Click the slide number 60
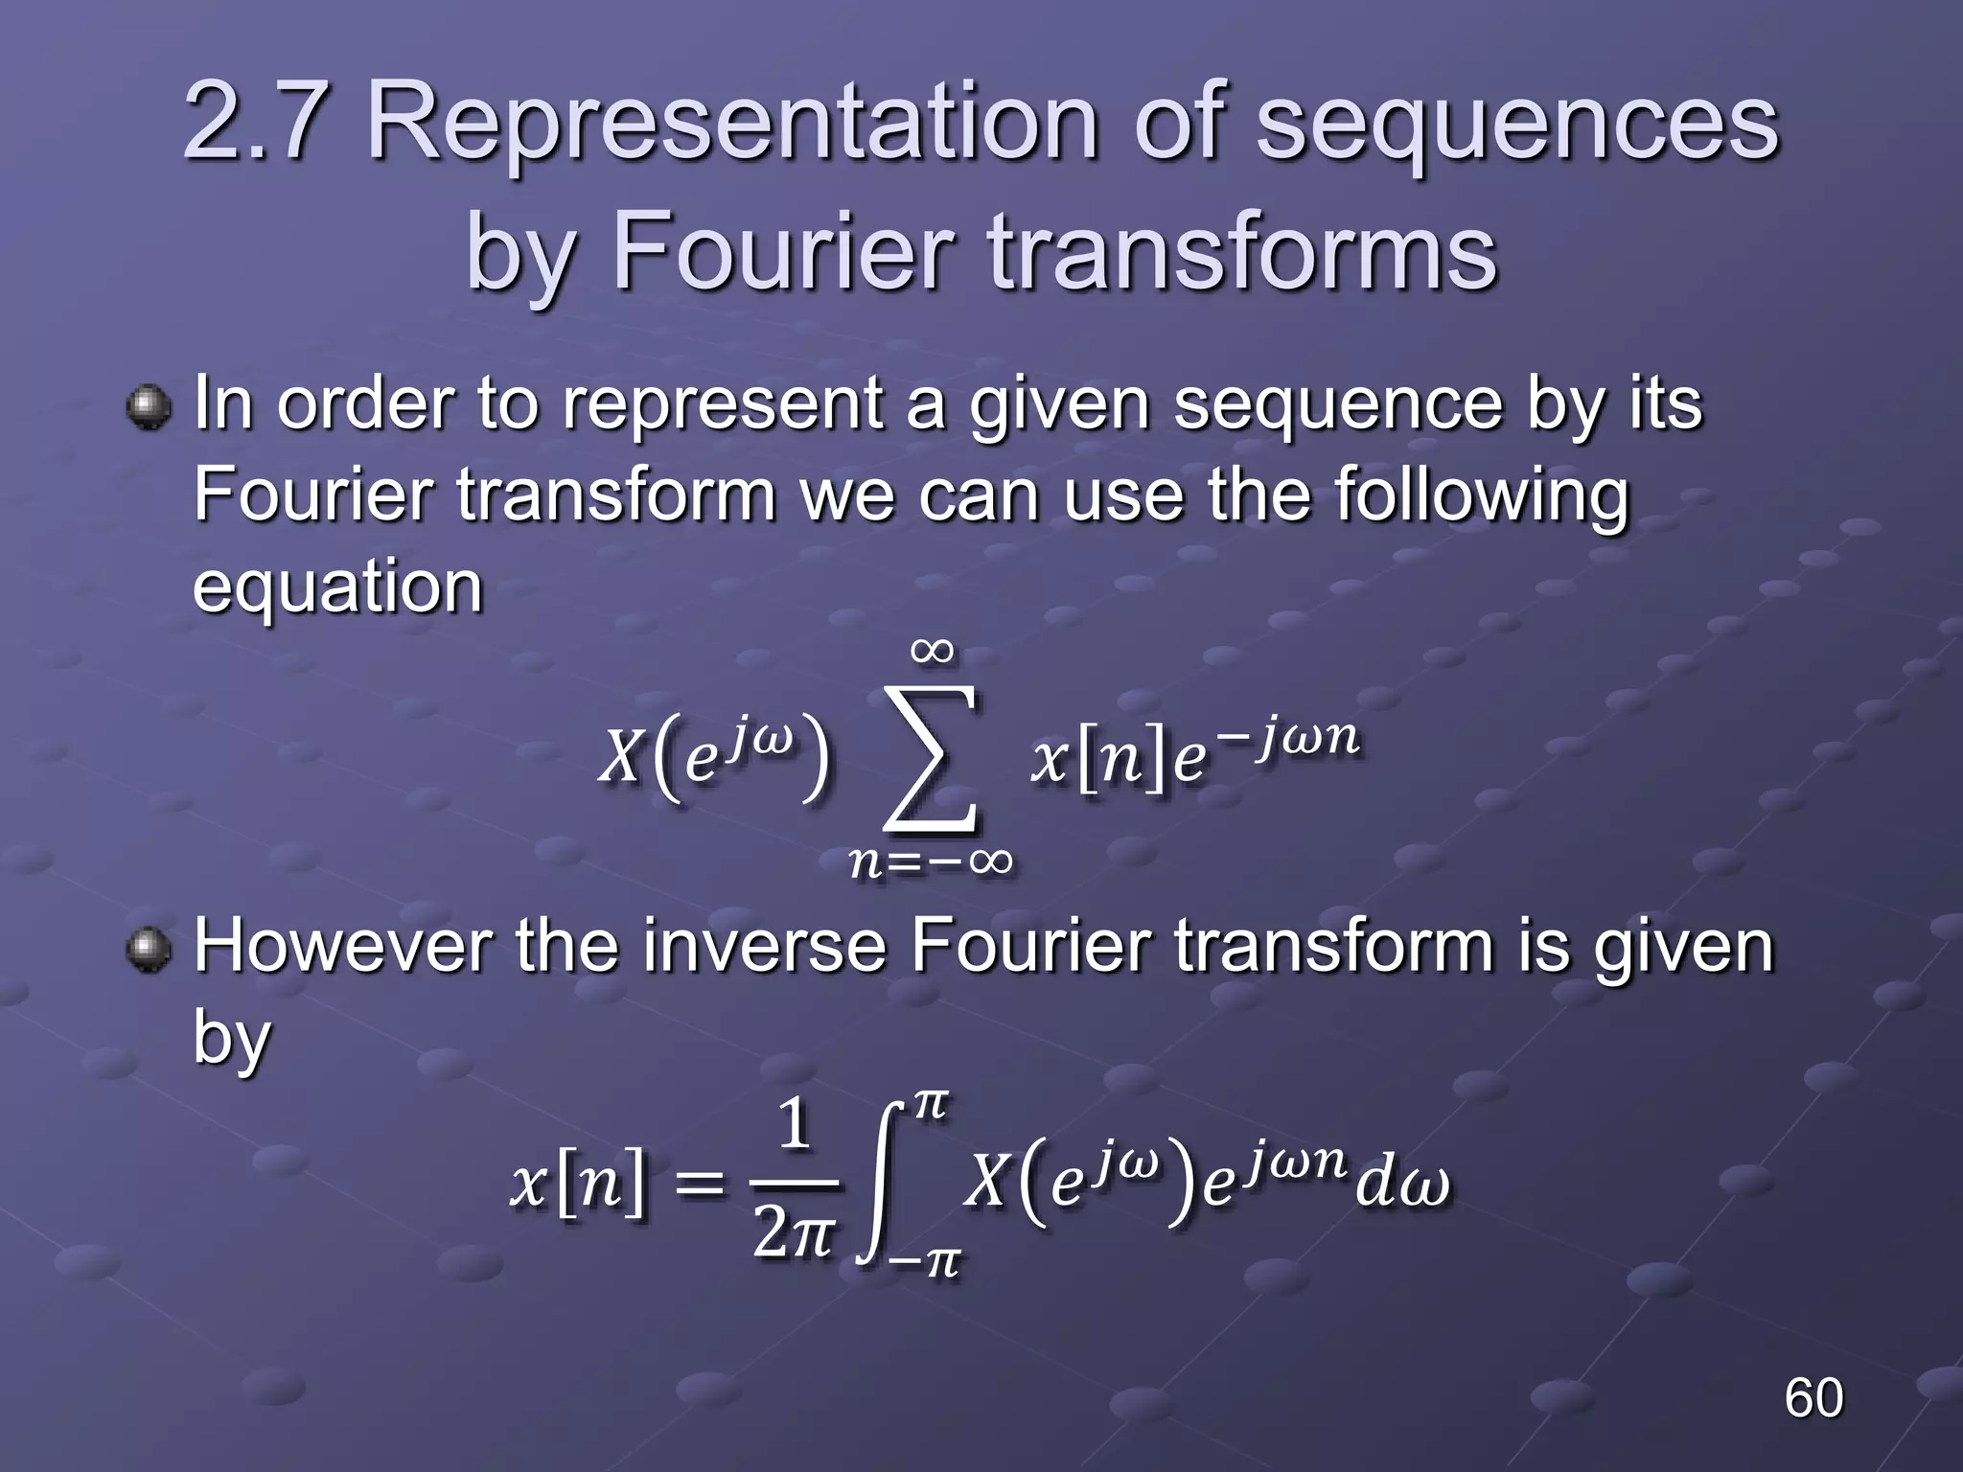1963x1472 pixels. (x=1813, y=1398)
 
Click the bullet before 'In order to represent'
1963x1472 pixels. (x=148, y=407)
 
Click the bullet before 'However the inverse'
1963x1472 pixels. (x=148, y=949)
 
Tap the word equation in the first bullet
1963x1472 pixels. (x=337, y=586)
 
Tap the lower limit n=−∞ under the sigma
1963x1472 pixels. (x=931, y=862)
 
